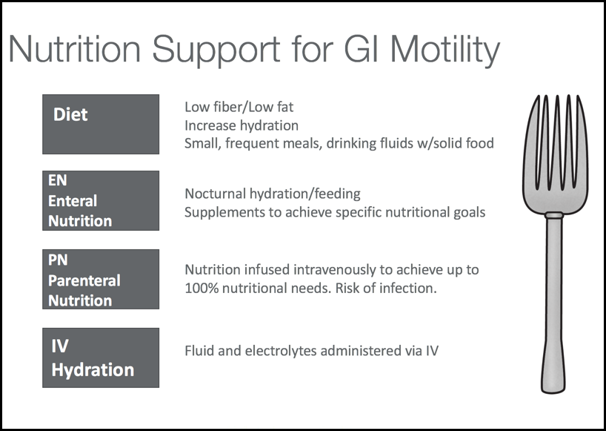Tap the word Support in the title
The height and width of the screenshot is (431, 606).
click(216, 50)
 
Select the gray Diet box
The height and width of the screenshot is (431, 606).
click(101, 124)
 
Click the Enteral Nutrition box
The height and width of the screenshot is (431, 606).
click(101, 200)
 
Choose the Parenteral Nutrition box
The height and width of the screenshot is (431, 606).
click(101, 279)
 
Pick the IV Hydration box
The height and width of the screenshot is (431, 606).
click(101, 358)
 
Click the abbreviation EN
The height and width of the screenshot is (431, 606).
click(58, 180)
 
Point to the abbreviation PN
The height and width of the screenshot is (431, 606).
click(58, 260)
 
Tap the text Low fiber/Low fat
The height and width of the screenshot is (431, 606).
click(239, 107)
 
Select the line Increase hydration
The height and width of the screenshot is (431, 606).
click(242, 125)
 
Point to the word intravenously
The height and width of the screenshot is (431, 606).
click(334, 270)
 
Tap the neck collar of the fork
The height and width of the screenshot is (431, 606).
click(554, 215)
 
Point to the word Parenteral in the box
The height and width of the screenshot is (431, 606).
click(84, 280)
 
